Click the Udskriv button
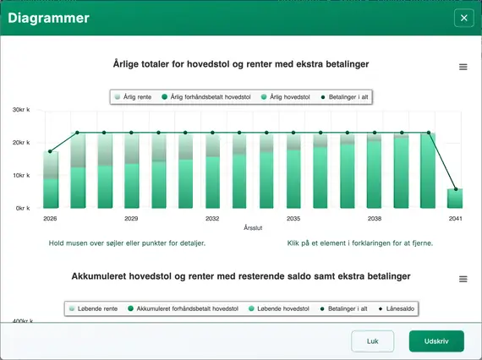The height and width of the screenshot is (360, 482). click(x=436, y=341)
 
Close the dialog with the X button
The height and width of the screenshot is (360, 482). click(x=463, y=18)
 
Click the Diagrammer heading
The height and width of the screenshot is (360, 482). click(x=49, y=18)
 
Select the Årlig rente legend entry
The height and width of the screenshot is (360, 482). click(x=134, y=97)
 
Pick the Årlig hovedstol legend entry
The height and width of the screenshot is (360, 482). click(x=290, y=97)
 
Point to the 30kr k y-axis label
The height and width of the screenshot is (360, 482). click(x=22, y=110)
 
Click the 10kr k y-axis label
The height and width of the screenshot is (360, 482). click(x=22, y=175)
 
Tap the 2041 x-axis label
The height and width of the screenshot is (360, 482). click(x=455, y=218)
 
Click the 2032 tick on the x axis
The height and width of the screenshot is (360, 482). click(x=212, y=218)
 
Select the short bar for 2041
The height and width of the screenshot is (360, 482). click(x=455, y=199)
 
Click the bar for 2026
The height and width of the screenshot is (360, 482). click(x=51, y=179)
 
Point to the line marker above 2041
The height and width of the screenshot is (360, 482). click(x=455, y=189)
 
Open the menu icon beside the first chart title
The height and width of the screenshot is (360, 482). click(x=463, y=67)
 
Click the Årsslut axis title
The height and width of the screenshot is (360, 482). click(x=253, y=228)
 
